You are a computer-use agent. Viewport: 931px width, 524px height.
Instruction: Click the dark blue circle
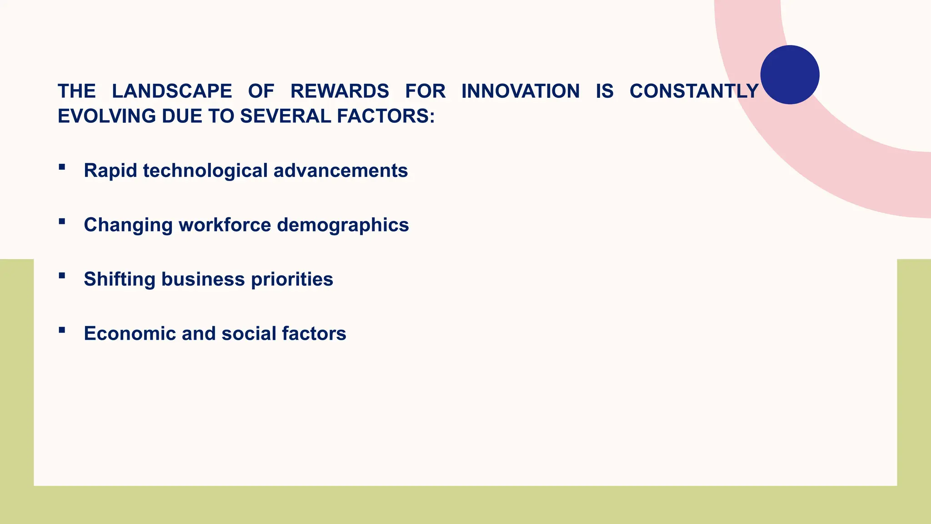(x=790, y=75)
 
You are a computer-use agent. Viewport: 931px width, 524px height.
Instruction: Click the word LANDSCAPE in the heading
(x=172, y=91)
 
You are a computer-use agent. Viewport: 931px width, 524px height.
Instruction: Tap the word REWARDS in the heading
(x=340, y=91)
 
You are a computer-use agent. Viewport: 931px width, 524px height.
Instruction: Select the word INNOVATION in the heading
(x=521, y=91)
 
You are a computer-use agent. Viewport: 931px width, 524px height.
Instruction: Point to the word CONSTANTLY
(x=694, y=91)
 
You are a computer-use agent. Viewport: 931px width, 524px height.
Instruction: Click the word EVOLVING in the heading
(x=107, y=116)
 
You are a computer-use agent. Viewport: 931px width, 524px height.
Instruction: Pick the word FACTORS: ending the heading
(x=386, y=116)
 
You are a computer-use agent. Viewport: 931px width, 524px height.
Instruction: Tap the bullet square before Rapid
(x=62, y=167)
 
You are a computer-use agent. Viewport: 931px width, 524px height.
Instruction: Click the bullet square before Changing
(x=62, y=222)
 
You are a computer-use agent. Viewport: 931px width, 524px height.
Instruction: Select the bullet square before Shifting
(x=62, y=276)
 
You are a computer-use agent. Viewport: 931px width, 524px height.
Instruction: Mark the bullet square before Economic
(x=62, y=330)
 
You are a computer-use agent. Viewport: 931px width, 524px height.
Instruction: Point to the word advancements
(x=340, y=171)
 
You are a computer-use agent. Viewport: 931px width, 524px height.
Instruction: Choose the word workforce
(x=225, y=225)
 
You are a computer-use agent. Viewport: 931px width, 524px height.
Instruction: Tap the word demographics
(x=343, y=225)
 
